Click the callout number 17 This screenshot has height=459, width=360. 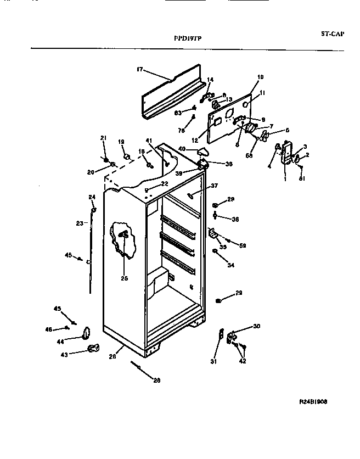click(139, 69)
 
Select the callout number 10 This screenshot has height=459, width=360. click(260, 77)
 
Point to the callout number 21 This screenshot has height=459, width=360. click(103, 137)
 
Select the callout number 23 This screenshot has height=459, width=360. click(79, 223)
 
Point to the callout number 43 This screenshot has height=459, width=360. click(65, 354)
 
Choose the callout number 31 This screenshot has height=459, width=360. click(213, 361)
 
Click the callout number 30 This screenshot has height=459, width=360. click(256, 327)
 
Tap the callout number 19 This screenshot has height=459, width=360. click(121, 142)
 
